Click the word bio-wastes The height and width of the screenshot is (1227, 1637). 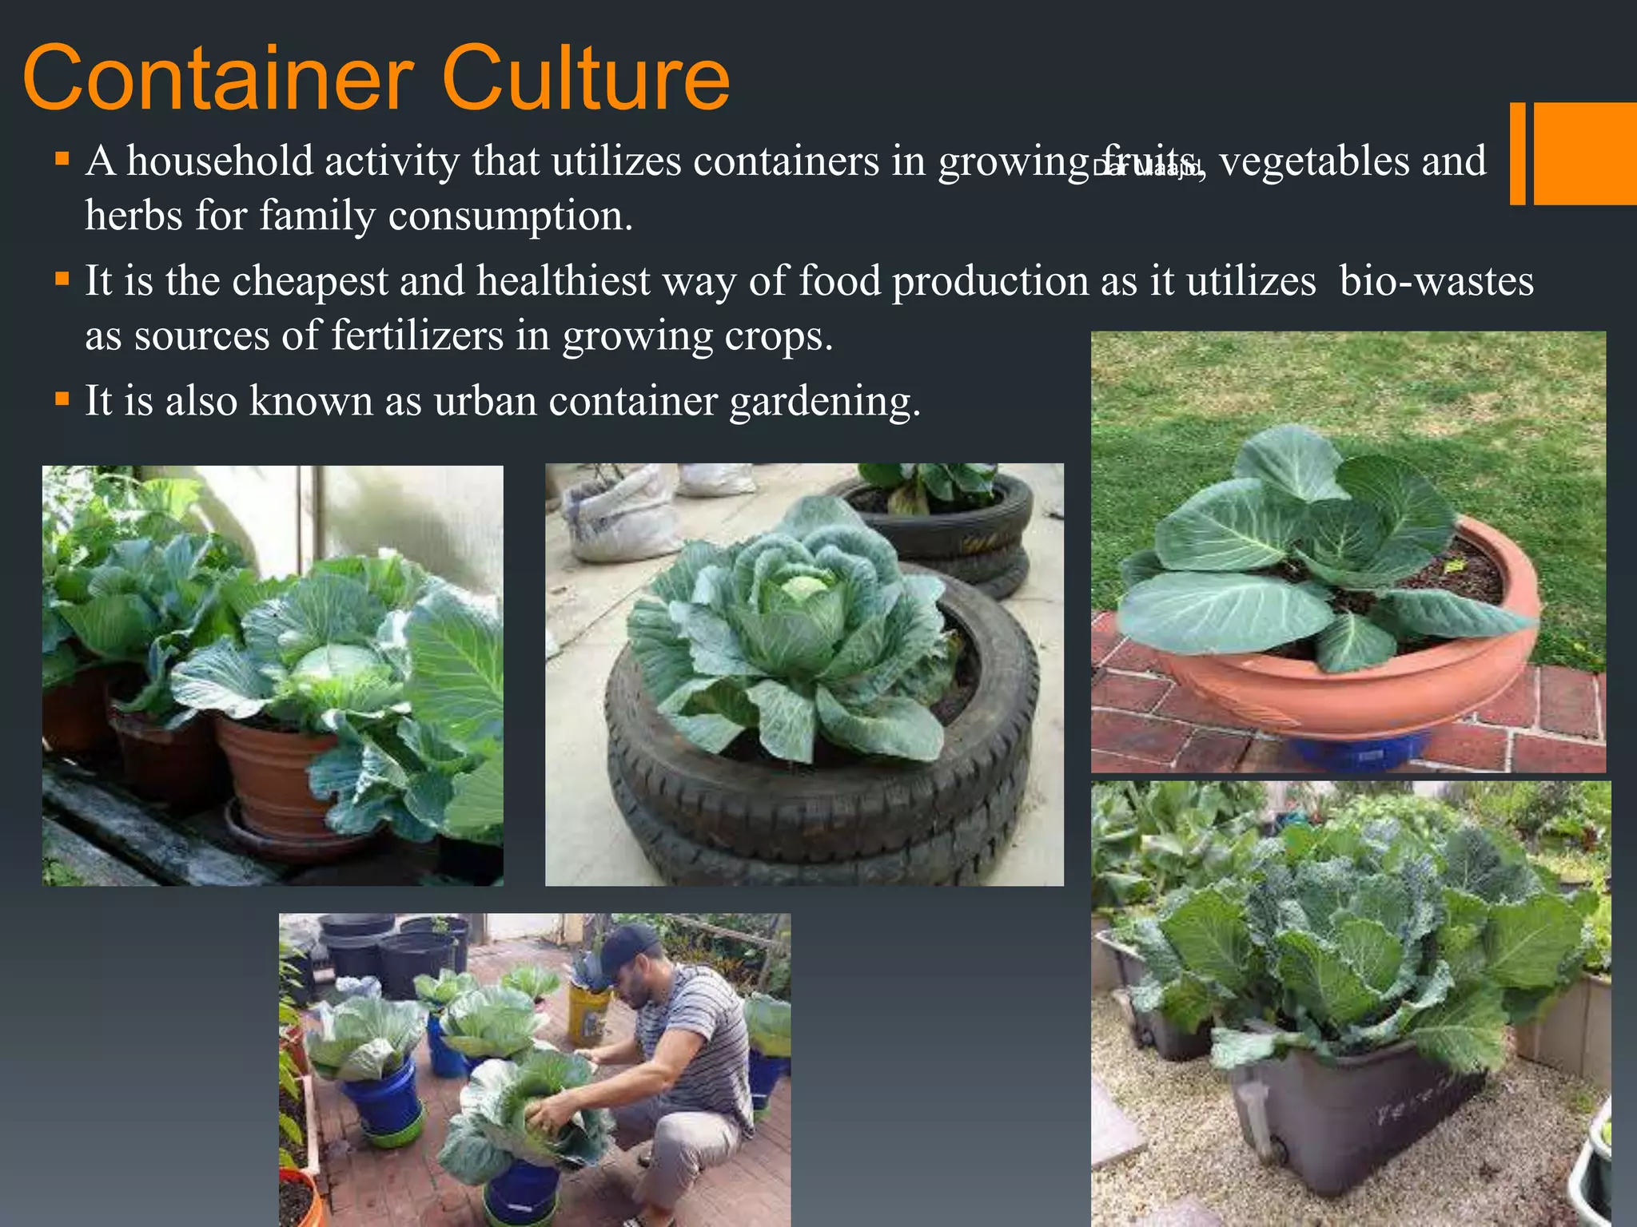coord(1436,281)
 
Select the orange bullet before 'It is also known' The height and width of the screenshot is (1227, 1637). coord(62,397)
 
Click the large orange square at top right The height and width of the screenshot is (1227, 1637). coord(1585,153)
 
